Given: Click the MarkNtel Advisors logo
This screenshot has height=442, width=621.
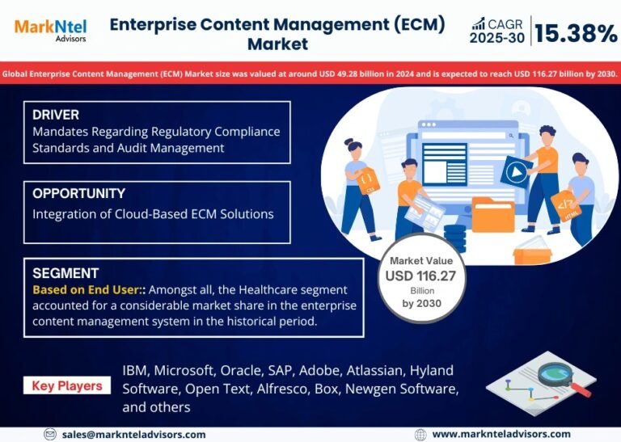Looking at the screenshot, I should point(50,30).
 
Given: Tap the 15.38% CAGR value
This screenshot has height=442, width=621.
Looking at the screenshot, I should point(576,33).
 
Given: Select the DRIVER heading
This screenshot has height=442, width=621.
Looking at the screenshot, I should point(56,115).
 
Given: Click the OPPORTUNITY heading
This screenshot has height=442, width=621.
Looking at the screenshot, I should point(78,194).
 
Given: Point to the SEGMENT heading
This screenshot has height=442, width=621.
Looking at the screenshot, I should point(65,273).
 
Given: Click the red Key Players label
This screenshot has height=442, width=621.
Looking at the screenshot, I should point(67,385).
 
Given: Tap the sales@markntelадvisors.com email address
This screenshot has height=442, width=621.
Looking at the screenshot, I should point(133,434).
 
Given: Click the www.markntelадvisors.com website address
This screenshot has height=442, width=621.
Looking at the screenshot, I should point(501,434).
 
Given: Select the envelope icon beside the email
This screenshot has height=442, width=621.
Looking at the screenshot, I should point(50,434).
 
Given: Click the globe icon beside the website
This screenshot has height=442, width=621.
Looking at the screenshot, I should point(420,434).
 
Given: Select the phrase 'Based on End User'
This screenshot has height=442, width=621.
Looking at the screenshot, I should point(82,289).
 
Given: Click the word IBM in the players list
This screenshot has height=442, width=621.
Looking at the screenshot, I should point(136,370).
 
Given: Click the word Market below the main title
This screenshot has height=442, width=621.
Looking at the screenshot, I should point(277,43).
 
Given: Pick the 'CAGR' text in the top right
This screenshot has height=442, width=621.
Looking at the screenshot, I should point(505,25).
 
